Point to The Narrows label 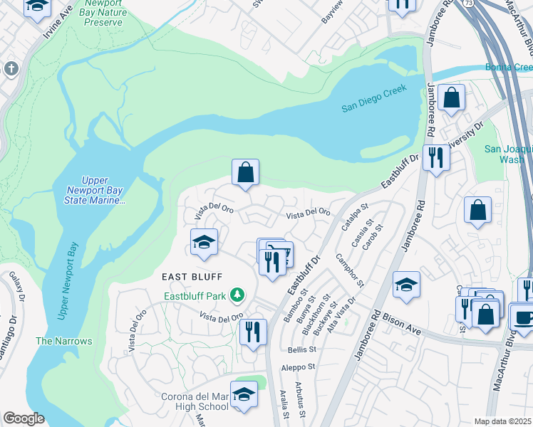pos(64,341)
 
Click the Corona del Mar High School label pos(192,401)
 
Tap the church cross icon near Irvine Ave pos(11,69)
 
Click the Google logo pos(24,418)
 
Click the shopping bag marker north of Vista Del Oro pos(245,172)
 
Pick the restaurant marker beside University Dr pos(435,157)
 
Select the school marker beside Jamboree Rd pos(406,284)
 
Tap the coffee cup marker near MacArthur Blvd pos(523,316)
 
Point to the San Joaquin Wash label pos(508,154)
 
